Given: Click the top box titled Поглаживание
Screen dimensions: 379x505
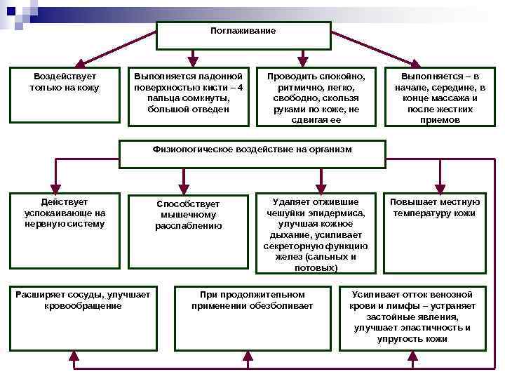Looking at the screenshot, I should point(243,35).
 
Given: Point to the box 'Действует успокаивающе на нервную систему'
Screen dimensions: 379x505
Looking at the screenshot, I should point(65,231).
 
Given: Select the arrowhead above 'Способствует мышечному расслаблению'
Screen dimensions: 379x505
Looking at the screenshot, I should point(184,189).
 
